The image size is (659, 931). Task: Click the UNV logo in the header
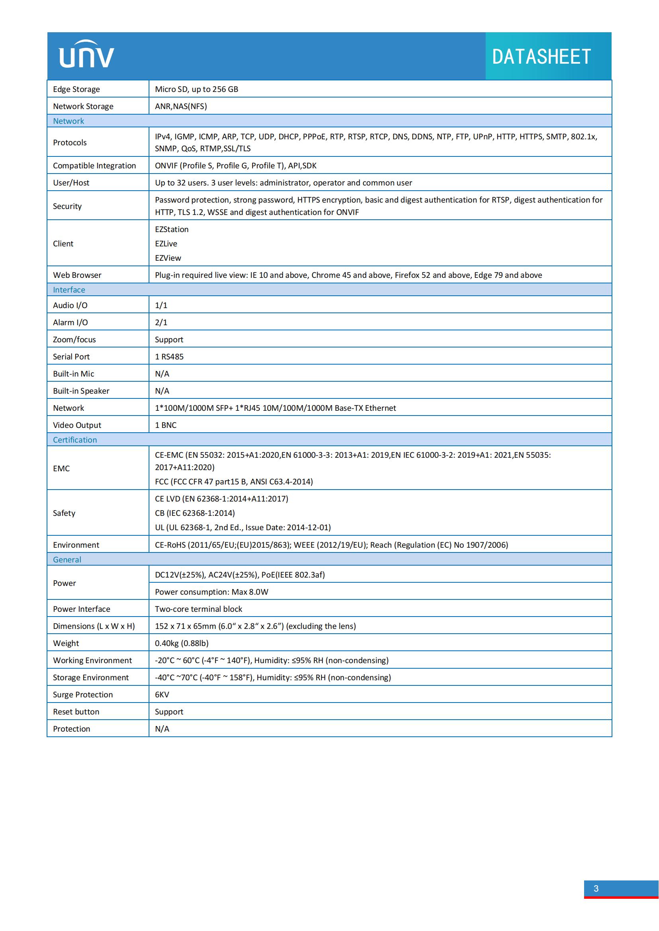[86, 55]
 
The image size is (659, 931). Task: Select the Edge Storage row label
[76, 89]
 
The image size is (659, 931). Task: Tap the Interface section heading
[69, 290]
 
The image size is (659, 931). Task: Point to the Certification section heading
[75, 440]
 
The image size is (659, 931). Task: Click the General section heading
[67, 560]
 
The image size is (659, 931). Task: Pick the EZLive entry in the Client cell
[166, 244]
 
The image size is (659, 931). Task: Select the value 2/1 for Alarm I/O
[161, 322]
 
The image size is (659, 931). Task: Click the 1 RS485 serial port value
[169, 357]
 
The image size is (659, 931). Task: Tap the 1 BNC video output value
[166, 425]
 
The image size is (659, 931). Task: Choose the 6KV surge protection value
[162, 695]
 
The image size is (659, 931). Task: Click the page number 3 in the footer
[596, 888]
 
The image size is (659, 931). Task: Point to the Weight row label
[66, 644]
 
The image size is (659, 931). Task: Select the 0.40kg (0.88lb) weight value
[181, 644]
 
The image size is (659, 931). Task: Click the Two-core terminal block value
[198, 609]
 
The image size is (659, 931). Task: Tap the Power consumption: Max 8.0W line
[212, 592]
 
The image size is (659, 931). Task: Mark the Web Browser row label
[77, 275]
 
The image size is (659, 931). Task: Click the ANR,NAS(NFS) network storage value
[180, 106]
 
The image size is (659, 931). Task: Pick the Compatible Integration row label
[94, 166]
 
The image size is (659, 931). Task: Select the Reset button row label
[76, 712]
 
